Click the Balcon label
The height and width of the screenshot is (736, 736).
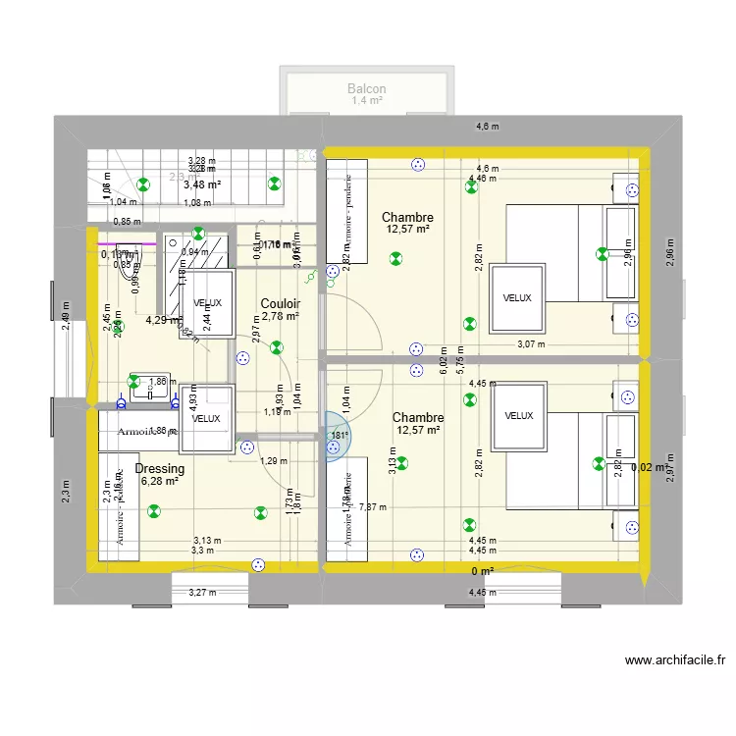366,89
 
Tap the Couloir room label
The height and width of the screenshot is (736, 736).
280,304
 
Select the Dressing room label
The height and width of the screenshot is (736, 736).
160,469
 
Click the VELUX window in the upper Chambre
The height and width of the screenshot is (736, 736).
516,297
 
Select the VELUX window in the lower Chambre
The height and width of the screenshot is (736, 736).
518,416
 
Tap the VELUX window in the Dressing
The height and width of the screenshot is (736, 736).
206,419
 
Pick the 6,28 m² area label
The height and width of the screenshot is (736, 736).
159,482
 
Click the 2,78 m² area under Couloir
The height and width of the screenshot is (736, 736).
280,317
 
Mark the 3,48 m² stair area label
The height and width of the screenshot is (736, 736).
202,184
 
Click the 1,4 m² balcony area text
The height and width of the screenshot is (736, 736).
366,101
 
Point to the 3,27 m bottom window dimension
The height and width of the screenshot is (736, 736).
201,592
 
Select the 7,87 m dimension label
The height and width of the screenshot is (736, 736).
373,507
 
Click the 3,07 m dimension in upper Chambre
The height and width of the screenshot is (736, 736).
530,343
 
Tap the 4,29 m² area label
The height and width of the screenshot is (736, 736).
163,319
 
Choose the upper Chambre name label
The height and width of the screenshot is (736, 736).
407,217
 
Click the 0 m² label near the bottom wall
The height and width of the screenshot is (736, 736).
482,571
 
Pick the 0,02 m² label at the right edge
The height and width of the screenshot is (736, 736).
649,468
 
